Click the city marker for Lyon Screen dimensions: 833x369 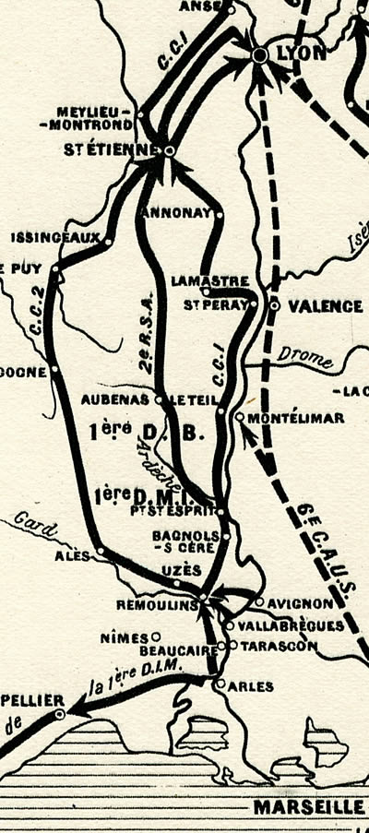[x=260, y=56]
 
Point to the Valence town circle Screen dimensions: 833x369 [x=274, y=304]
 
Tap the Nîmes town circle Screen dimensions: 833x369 [x=157, y=636]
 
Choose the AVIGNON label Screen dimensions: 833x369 [x=300, y=603]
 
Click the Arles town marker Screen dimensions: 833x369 [x=219, y=685]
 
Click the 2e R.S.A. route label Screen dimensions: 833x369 [x=145, y=341]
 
